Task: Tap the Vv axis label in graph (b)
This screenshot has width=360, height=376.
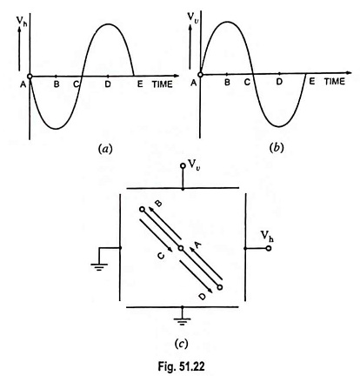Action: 192,17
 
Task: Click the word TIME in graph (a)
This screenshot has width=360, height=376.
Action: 163,84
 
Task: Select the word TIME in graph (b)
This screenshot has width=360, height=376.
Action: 335,82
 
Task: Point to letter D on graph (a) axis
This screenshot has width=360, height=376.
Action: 108,84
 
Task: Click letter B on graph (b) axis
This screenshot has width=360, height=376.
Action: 227,82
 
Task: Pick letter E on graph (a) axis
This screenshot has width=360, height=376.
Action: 140,84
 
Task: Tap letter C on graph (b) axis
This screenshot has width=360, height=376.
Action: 247,82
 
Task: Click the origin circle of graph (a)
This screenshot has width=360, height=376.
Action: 30,77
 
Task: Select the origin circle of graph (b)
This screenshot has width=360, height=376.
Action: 200,74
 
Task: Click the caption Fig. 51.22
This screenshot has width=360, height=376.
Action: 181,366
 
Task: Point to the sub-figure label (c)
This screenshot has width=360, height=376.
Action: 182,345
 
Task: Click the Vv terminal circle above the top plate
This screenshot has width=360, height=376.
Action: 183,165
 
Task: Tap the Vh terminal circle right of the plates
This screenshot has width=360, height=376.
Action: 269,248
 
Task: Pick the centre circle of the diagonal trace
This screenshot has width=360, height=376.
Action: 181,248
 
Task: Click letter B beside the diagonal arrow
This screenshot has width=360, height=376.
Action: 158,204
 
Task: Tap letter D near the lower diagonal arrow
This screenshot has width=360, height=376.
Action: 203,297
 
